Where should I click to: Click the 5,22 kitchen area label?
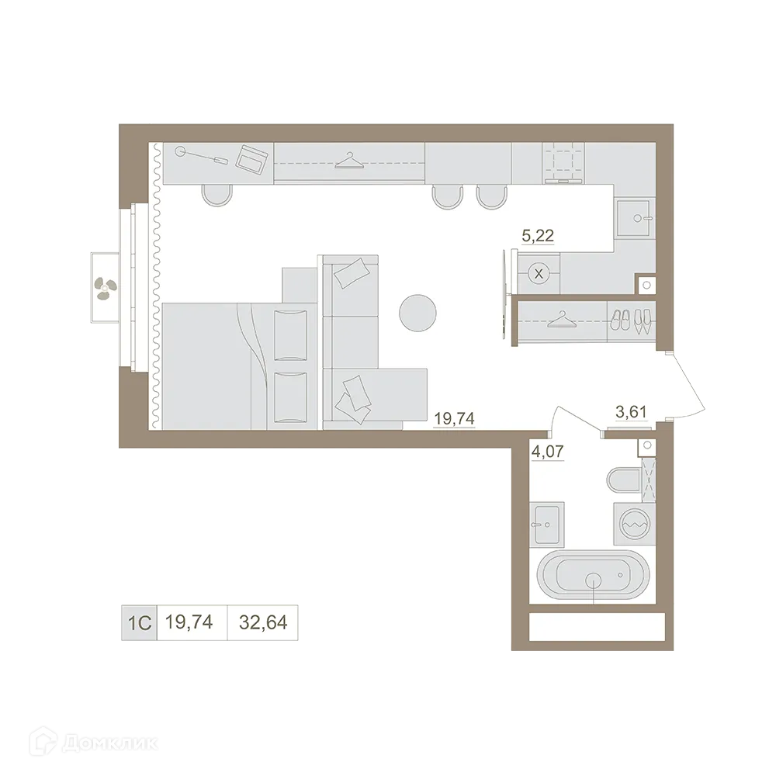coord(538,237)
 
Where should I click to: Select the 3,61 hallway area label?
coord(631,413)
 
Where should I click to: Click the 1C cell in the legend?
coord(137,621)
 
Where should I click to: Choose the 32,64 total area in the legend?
coord(262,621)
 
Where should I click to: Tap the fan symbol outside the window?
coord(102,288)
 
